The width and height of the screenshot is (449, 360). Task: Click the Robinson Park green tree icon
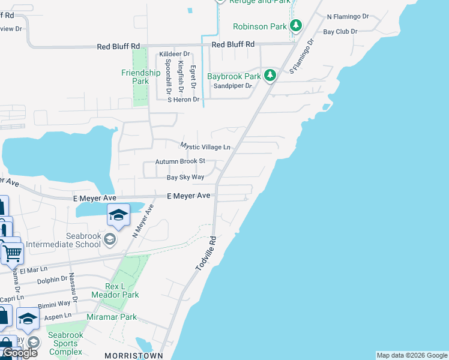(x=295, y=26)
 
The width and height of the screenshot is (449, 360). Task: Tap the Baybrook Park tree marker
(x=271, y=76)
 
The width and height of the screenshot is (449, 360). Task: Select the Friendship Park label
(x=140, y=77)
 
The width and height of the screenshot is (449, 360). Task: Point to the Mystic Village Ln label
(x=206, y=146)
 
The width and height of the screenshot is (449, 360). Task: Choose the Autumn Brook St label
(x=180, y=161)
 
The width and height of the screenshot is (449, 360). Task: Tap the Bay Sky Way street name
(x=185, y=177)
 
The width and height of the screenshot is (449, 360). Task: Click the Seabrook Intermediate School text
(x=66, y=240)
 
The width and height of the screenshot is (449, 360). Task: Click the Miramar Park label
(x=112, y=317)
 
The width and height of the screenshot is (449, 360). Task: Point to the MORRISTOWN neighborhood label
(x=134, y=355)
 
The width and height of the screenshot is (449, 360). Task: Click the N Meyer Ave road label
(x=142, y=221)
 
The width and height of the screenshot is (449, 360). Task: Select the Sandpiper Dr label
(x=232, y=86)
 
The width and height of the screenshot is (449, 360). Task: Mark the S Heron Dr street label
(x=182, y=100)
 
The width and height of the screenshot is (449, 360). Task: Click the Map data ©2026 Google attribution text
(x=412, y=355)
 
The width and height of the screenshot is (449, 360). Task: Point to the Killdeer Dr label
(x=173, y=53)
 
